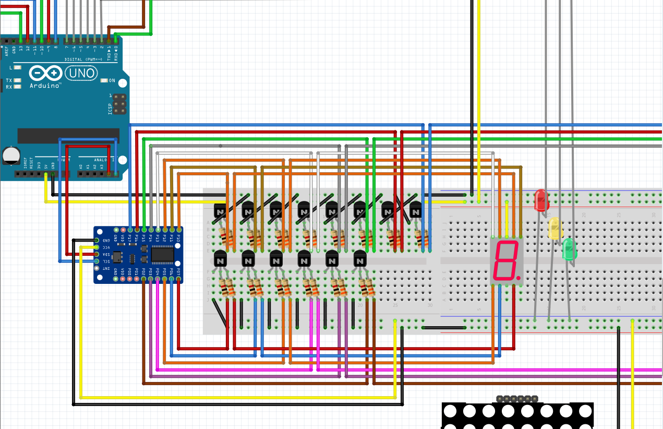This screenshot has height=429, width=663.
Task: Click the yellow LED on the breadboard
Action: tap(554, 228)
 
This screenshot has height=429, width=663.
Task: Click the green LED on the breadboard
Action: tap(569, 249)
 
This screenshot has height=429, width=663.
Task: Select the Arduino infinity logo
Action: tap(46, 73)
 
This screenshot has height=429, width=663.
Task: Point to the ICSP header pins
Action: tap(120, 104)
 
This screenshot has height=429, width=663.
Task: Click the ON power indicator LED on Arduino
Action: tap(104, 80)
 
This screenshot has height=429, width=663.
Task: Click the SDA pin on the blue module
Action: tap(97, 254)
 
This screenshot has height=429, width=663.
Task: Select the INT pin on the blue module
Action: tap(97, 269)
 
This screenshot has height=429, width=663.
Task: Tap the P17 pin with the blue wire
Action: tap(130, 230)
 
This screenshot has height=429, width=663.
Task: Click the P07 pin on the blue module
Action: tap(179, 279)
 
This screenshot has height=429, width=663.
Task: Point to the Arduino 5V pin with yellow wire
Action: tap(46, 173)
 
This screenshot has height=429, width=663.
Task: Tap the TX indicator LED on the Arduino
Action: tap(17, 81)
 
